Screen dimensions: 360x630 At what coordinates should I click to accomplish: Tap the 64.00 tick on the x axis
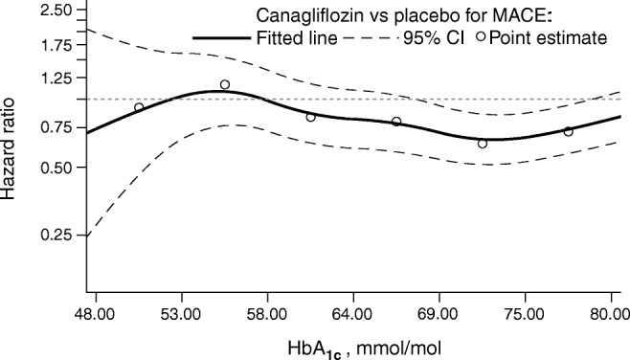point(352,313)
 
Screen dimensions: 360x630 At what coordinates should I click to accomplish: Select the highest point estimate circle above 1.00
point(225,84)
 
